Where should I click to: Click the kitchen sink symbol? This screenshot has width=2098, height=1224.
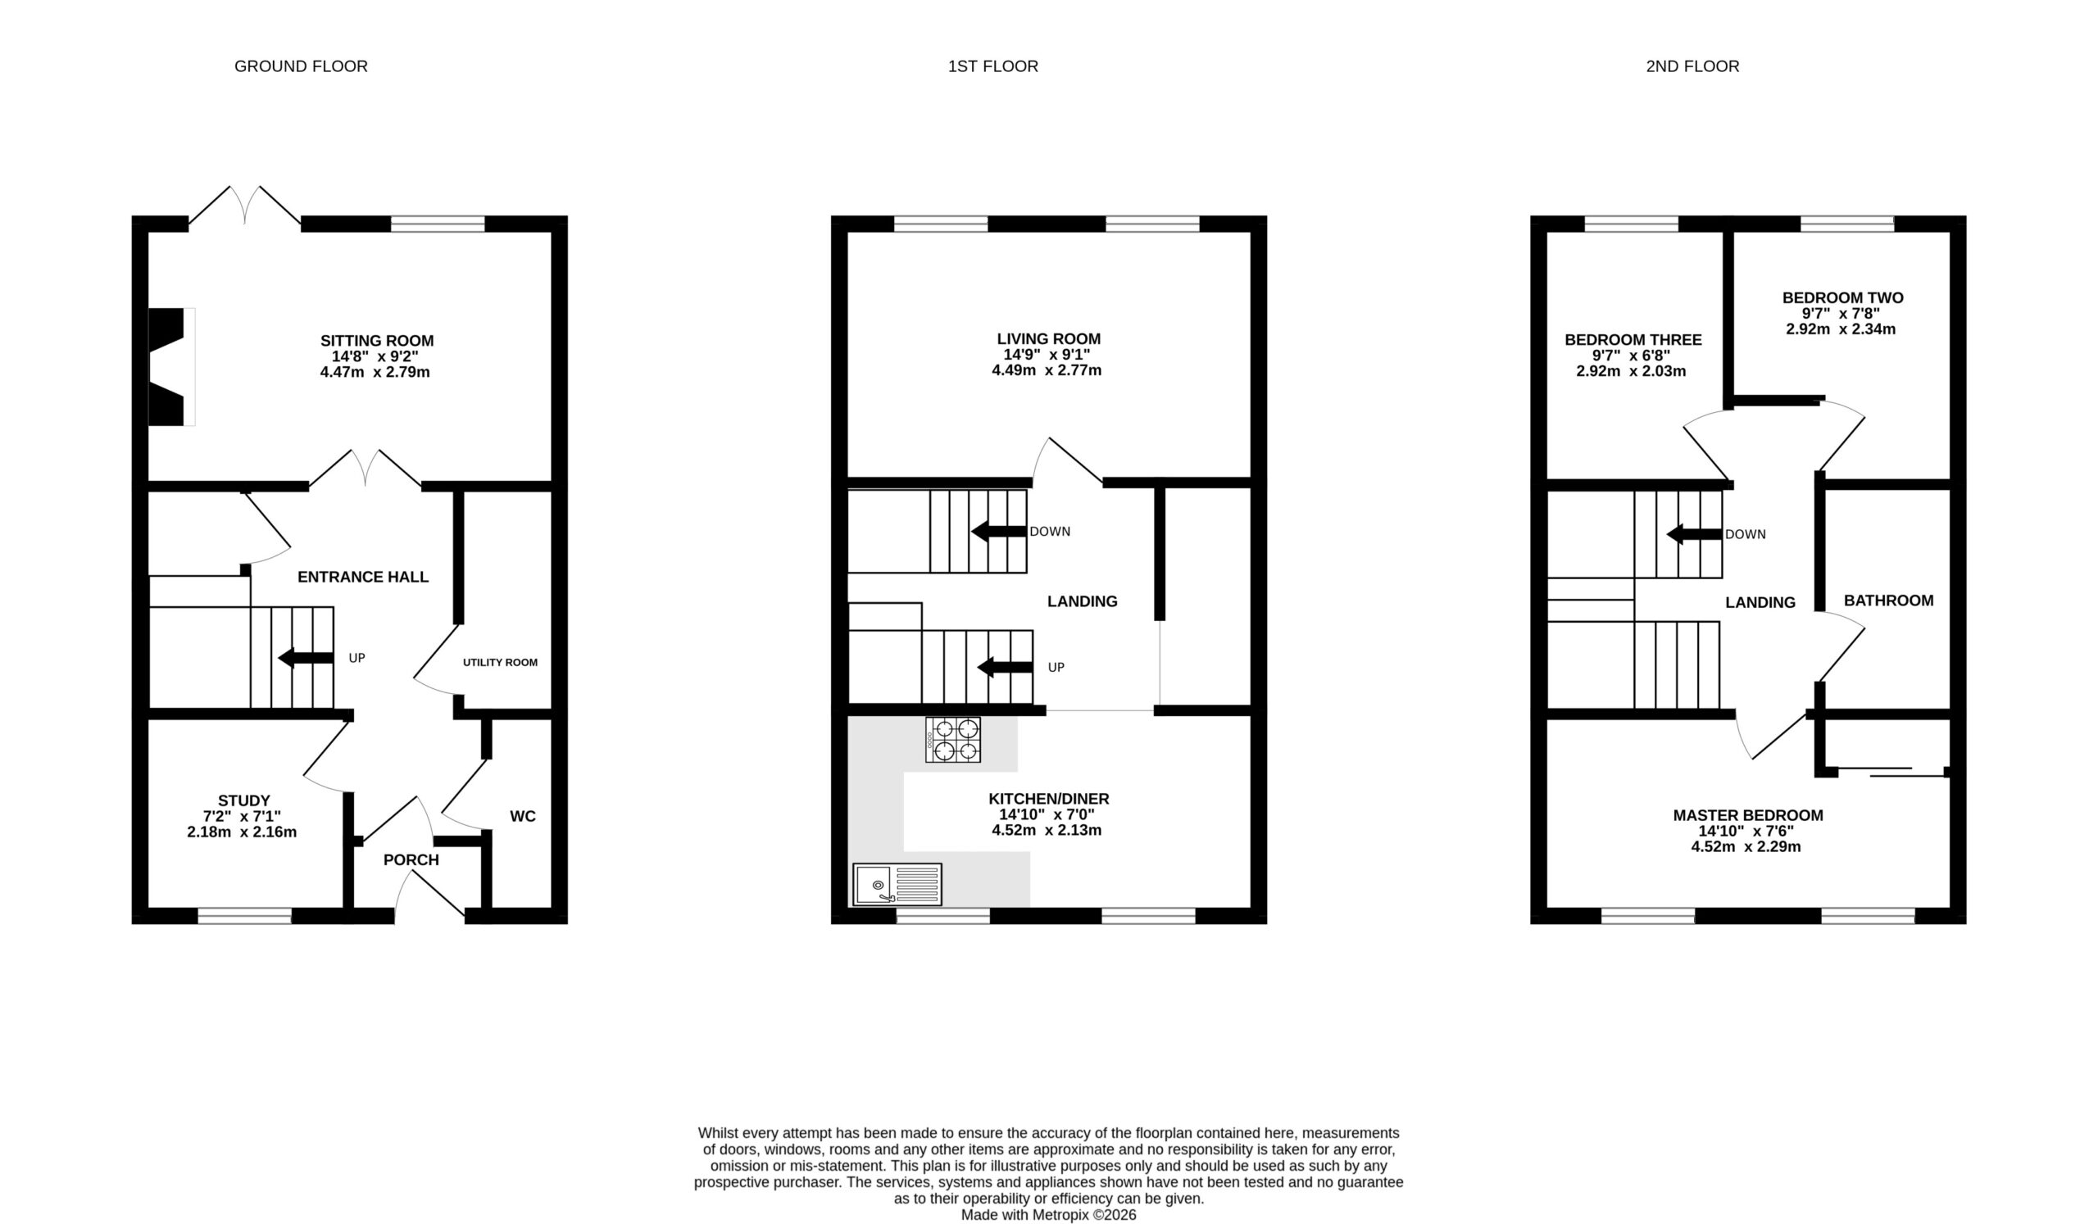(x=897, y=884)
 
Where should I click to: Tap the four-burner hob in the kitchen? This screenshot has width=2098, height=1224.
(x=952, y=740)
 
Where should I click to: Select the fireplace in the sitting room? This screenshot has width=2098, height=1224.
(x=171, y=367)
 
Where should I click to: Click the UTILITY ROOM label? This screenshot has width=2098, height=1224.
(x=501, y=662)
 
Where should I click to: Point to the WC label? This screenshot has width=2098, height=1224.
(x=523, y=816)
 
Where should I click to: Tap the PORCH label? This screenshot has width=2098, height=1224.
(x=411, y=859)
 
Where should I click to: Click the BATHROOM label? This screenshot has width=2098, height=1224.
(x=1888, y=601)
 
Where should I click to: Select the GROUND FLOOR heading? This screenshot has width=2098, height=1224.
(x=301, y=66)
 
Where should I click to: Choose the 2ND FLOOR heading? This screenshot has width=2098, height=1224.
(x=1692, y=66)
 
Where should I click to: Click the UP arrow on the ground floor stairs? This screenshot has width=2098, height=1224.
(x=306, y=657)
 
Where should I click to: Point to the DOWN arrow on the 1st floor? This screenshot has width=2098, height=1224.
(x=999, y=531)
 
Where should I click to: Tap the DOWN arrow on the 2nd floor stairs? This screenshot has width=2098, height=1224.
(x=1694, y=534)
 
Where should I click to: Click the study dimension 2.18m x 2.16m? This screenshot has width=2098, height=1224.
(x=243, y=832)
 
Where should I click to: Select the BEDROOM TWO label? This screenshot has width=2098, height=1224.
(x=1842, y=298)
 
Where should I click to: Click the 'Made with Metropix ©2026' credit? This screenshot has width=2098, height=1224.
(x=1048, y=1215)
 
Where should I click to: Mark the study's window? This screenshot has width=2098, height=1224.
(x=245, y=915)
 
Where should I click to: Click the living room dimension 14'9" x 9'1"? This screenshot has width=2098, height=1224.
(x=1047, y=355)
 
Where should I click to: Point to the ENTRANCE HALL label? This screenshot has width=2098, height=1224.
(x=363, y=578)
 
